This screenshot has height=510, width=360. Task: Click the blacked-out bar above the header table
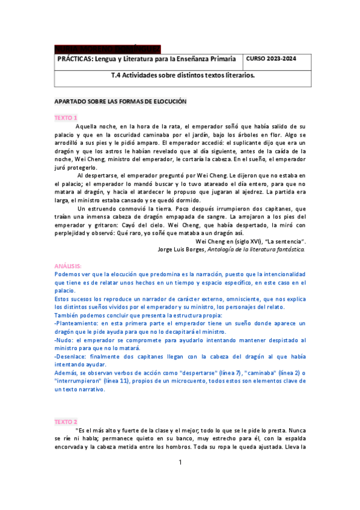tap(107, 49)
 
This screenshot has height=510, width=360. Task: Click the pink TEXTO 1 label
tap(66, 118)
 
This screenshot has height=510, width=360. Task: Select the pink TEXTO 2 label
tap(66, 422)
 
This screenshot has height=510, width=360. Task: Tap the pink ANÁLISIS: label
tap(68, 265)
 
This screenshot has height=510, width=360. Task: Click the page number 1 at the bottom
tap(180, 462)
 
